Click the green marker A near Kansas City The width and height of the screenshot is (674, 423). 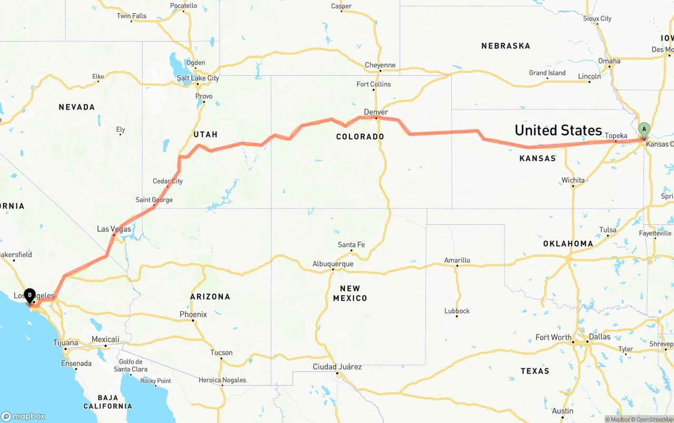pyautogui.click(x=643, y=130)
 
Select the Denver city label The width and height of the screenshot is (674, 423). pyautogui.click(x=376, y=112)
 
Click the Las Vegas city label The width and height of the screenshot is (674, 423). pyautogui.click(x=114, y=229)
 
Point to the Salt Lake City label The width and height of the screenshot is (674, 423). pyautogui.click(x=198, y=78)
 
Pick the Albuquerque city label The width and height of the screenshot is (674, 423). pyautogui.click(x=333, y=264)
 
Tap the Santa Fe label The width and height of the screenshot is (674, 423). pyautogui.click(x=351, y=245)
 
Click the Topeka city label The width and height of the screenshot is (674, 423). pyautogui.click(x=616, y=136)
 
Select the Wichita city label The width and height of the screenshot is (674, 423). pyautogui.click(x=573, y=180)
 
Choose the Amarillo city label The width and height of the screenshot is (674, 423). pyautogui.click(x=457, y=260)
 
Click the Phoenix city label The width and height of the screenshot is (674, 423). pyautogui.click(x=193, y=314)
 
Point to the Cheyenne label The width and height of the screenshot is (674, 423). pyautogui.click(x=380, y=65)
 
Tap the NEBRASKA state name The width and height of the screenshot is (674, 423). pyautogui.click(x=506, y=46)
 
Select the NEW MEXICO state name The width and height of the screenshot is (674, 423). pyautogui.click(x=350, y=293)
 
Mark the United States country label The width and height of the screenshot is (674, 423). pyautogui.click(x=558, y=130)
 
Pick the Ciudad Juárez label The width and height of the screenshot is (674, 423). pyautogui.click(x=337, y=367)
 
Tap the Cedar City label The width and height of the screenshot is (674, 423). pyautogui.click(x=168, y=181)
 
